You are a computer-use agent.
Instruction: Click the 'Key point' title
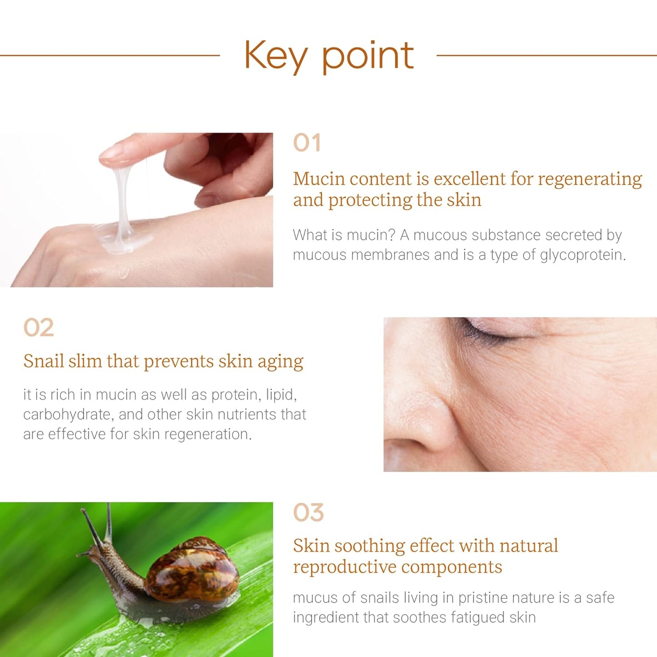[x=328, y=55]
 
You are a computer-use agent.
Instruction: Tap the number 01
[x=307, y=143]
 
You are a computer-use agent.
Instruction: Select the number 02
[x=39, y=327]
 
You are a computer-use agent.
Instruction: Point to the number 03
[x=308, y=512]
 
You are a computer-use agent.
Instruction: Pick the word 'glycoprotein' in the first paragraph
[x=582, y=255]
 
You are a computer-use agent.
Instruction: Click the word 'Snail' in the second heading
[x=43, y=361]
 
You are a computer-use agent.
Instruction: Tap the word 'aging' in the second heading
[x=280, y=362]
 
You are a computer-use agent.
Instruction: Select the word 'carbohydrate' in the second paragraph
[x=66, y=415]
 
